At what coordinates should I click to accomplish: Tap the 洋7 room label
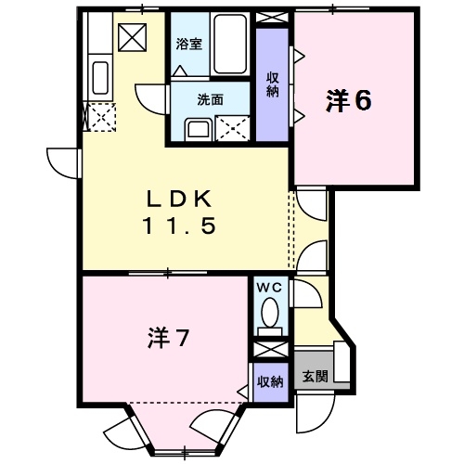[x=168, y=339]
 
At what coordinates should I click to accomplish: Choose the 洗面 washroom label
[x=208, y=99]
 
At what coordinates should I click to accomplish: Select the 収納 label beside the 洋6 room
[x=272, y=84]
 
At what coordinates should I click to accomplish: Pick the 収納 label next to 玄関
[x=270, y=380]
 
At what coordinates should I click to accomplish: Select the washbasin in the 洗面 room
[x=197, y=128]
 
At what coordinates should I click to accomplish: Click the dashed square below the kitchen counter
[x=99, y=117]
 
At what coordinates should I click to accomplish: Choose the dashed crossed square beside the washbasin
[x=231, y=128]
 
